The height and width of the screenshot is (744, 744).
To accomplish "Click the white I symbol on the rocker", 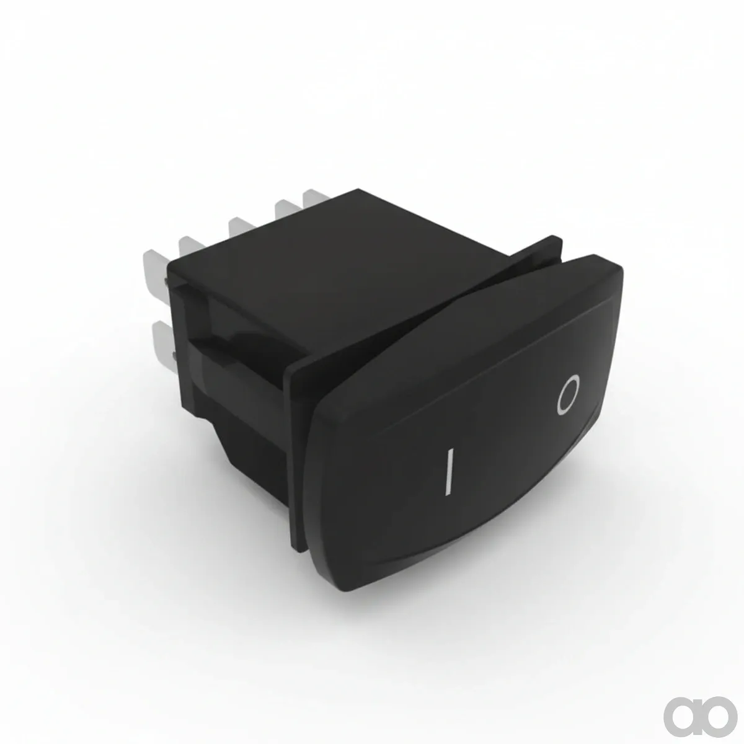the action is point(449,471).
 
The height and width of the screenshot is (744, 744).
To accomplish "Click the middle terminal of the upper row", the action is point(241,225).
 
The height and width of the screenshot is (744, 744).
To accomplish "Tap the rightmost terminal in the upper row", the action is point(316,197).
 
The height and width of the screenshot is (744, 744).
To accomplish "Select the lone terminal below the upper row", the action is point(164,347).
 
